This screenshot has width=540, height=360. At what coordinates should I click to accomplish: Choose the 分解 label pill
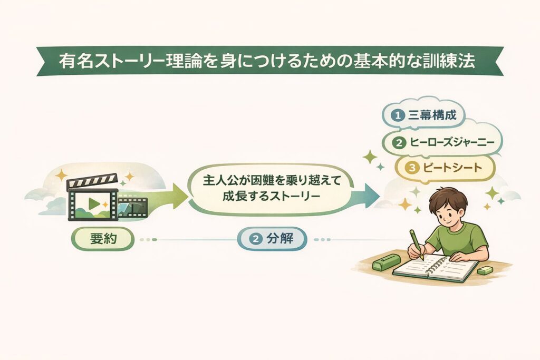[x=272, y=239]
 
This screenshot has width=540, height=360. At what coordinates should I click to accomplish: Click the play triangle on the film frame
[x=94, y=203]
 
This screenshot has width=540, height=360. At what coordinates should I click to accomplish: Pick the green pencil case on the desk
[x=387, y=262]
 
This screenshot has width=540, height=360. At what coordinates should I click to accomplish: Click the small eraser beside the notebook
[x=484, y=270]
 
